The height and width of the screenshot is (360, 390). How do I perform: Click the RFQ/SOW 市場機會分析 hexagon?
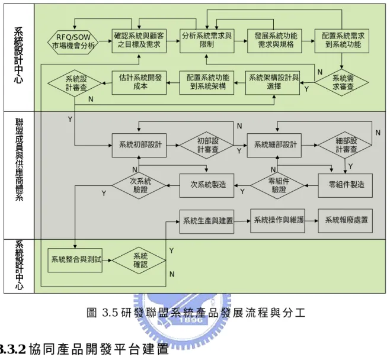pyautogui.click(x=73, y=41)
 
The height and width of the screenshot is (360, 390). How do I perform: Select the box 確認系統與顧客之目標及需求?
pyautogui.click(x=139, y=41)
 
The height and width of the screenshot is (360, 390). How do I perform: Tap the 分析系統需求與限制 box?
pyautogui.click(x=207, y=41)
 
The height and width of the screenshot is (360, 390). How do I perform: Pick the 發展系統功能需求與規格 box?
pyautogui.click(x=274, y=41)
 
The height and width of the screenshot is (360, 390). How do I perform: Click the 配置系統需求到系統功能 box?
pyautogui.click(x=342, y=41)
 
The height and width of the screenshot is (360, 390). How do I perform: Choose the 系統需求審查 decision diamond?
pyautogui.click(x=342, y=82)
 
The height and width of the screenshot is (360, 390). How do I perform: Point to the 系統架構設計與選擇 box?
pyautogui.click(x=273, y=83)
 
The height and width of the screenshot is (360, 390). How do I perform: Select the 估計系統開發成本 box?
pyautogui.click(x=139, y=83)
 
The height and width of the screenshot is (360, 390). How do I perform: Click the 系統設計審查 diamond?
pyautogui.click(x=75, y=83)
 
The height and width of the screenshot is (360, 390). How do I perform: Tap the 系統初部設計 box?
pyautogui.click(x=139, y=145)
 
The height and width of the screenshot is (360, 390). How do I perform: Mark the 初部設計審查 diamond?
pyautogui.click(x=207, y=145)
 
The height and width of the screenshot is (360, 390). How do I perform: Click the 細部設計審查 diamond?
pyautogui.click(x=345, y=145)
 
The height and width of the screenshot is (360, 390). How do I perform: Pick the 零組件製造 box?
pyautogui.click(x=345, y=185)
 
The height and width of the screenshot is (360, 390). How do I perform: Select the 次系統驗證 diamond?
pyautogui.click(x=139, y=185)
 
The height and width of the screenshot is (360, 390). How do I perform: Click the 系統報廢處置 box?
pyautogui.click(x=345, y=221)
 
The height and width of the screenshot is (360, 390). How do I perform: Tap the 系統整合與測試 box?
pyautogui.click(x=75, y=261)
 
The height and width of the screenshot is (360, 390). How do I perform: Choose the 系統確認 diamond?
pyautogui.click(x=139, y=261)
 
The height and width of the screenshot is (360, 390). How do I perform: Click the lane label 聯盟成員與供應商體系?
pyautogui.click(x=19, y=160)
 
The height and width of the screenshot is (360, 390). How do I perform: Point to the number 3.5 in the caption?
pyautogui.click(x=110, y=313)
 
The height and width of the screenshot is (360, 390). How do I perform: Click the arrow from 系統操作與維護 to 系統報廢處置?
pyautogui.click(x=311, y=221)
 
